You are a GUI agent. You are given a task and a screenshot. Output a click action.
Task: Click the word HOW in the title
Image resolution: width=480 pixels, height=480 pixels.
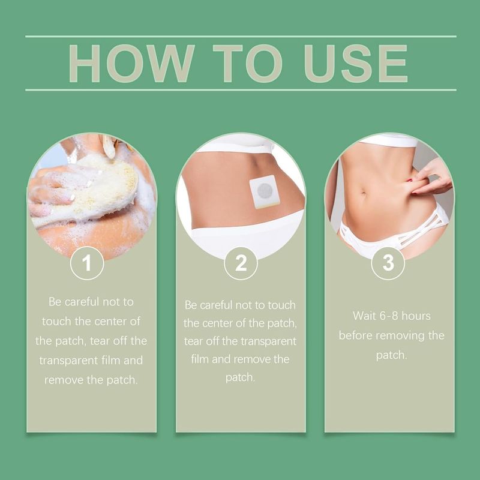(x=131, y=64)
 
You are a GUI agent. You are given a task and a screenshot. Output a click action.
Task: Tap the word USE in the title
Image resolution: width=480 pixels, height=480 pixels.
(x=356, y=64)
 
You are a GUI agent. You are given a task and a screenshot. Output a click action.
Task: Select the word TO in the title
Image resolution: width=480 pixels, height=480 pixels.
(x=247, y=64)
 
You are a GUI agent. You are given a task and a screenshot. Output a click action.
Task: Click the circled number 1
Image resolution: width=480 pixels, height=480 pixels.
(x=87, y=263)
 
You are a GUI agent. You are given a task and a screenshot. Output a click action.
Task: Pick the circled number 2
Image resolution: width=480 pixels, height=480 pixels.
(x=241, y=263)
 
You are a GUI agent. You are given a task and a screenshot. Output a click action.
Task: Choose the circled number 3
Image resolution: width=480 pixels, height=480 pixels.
(x=388, y=263)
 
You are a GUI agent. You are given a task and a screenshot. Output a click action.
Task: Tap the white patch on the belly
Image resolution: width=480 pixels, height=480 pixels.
(x=265, y=191)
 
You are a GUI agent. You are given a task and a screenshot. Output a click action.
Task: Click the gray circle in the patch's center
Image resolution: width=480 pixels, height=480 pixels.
(x=265, y=191)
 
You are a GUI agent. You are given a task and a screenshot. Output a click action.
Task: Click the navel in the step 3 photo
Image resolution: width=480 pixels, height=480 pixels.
(x=364, y=193)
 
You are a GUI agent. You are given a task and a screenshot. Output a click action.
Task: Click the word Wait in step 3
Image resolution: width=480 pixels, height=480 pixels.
(x=364, y=316)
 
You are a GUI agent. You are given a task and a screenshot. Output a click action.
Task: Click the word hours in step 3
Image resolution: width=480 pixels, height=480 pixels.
(x=416, y=316)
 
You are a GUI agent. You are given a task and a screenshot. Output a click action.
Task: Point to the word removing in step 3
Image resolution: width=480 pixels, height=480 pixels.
(x=400, y=336)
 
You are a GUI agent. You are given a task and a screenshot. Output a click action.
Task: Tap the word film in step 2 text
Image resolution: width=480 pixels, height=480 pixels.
(x=200, y=359)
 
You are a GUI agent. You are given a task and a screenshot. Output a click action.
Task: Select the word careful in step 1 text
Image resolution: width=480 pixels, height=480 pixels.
(x=82, y=302)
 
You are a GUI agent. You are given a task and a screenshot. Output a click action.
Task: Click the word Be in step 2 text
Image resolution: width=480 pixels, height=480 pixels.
(x=191, y=305)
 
